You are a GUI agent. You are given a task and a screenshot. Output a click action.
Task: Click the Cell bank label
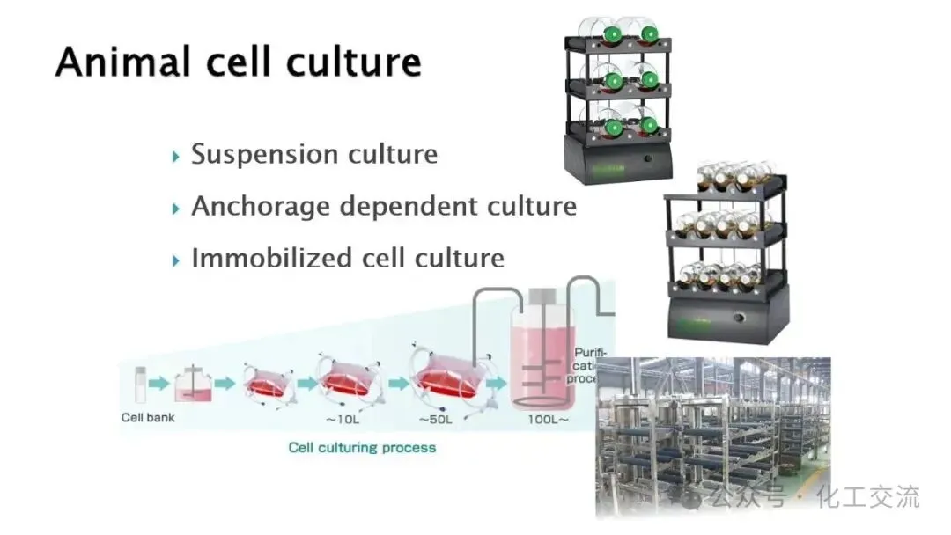coord(148,417)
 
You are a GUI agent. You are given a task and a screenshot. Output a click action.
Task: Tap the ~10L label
coord(342,420)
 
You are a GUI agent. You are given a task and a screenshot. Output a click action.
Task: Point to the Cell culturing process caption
coord(362,447)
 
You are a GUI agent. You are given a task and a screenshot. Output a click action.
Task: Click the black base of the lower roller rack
coord(726,317)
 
